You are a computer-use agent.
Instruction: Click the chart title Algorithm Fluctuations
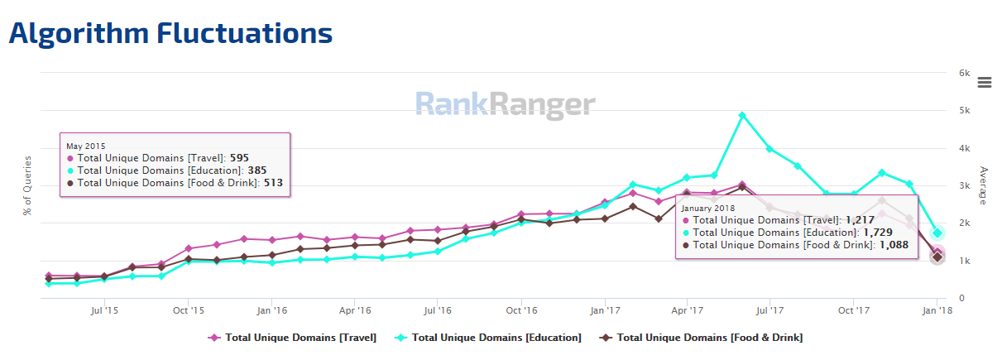[170, 33]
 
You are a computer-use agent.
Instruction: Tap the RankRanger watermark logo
[505, 104]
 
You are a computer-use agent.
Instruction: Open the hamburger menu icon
[985, 82]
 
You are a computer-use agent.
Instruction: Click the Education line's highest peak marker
[742, 115]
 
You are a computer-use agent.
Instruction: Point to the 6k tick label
[964, 73]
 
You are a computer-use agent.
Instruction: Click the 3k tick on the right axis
[964, 185]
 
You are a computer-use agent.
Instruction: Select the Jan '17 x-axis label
[605, 311]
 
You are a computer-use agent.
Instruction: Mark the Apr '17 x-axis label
[688, 311]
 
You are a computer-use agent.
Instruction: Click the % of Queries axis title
[28, 185]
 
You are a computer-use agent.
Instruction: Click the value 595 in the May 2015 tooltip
[239, 157]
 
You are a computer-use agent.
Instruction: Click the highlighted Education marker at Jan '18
[937, 233]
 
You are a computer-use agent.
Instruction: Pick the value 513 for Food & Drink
[271, 183]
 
